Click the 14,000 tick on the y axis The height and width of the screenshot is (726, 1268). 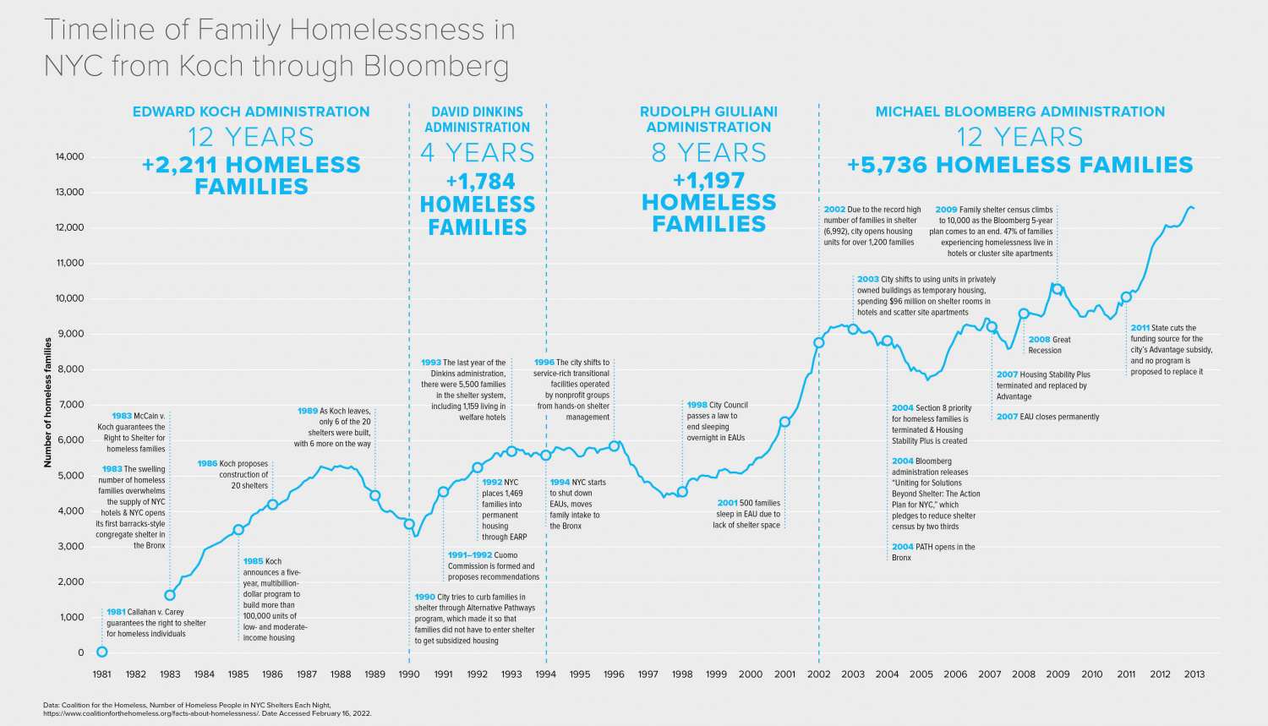70,156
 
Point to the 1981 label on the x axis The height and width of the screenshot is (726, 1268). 101,674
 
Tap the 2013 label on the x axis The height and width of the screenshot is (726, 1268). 1194,674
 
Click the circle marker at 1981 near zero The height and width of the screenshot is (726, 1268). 102,652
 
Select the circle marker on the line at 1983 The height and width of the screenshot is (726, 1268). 170,595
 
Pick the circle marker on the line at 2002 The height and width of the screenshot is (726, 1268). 818,342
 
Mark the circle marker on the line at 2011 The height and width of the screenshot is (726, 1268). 1126,297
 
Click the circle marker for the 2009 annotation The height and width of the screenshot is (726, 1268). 1058,289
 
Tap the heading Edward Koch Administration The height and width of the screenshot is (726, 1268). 251,112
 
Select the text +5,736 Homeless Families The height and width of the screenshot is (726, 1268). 1019,165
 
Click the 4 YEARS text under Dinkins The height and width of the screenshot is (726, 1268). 478,153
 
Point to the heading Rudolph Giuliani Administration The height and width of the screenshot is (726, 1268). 708,119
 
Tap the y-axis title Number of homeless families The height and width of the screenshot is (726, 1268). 48,402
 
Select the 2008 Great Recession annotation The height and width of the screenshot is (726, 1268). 1049,345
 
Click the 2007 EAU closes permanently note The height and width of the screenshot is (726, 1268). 1047,417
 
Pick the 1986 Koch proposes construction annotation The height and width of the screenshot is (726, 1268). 233,474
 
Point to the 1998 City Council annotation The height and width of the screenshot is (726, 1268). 717,421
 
